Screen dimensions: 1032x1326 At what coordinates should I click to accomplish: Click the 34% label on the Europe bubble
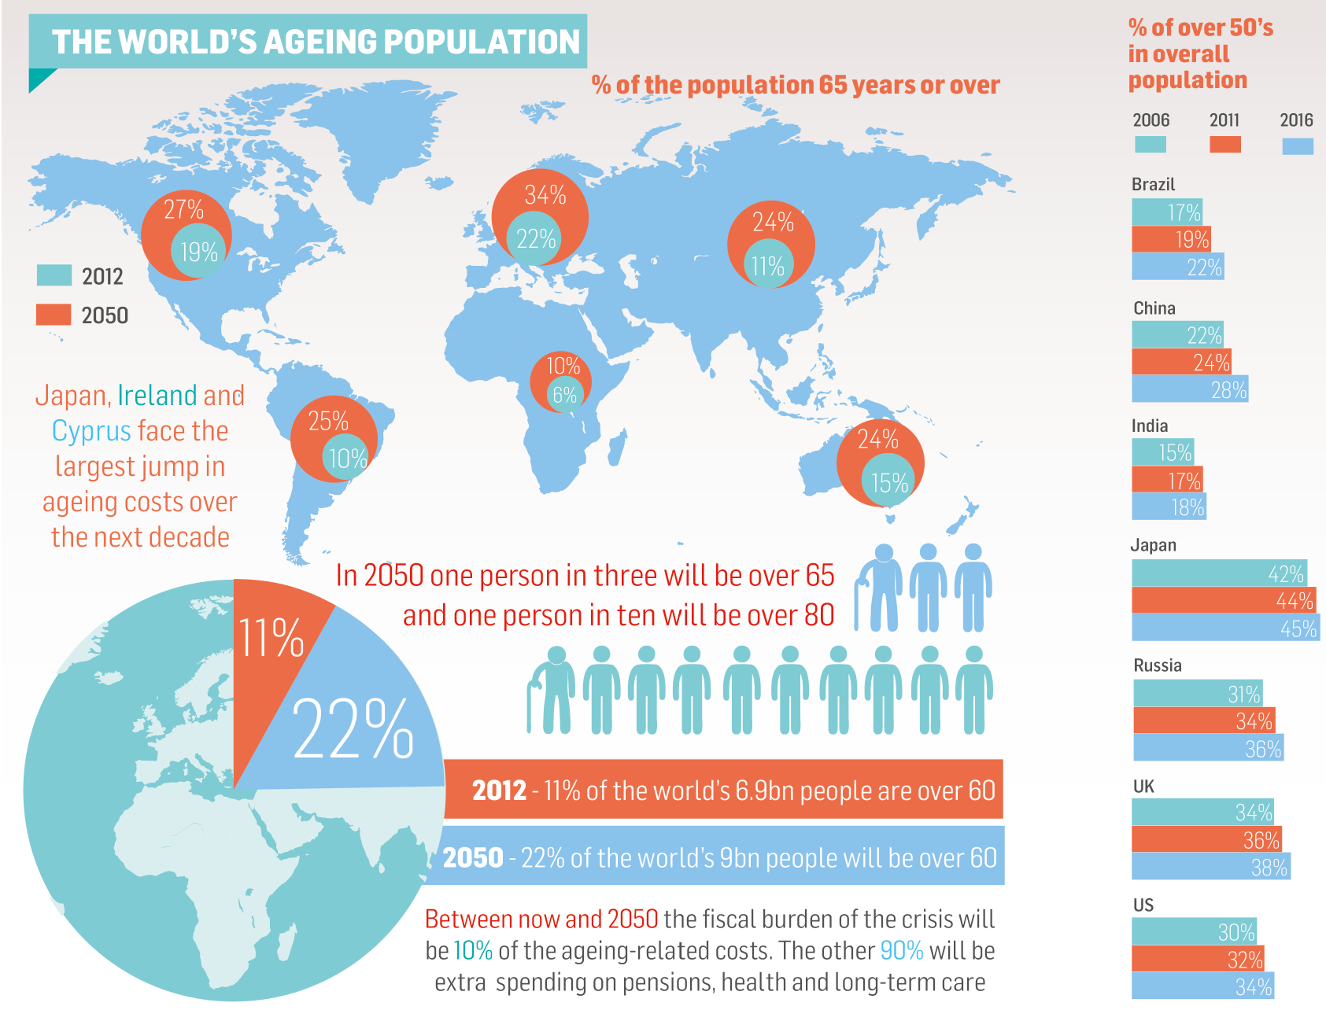[545, 194]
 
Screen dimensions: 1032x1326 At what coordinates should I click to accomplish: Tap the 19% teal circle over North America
[198, 252]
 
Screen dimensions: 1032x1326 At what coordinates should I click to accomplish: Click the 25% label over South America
[328, 422]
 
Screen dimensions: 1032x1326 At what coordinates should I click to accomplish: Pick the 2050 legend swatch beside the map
[54, 315]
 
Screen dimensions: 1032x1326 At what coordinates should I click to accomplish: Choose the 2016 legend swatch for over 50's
[1297, 146]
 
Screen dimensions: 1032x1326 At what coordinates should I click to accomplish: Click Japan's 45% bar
[1224, 628]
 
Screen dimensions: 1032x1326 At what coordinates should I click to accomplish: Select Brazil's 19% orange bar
[1171, 239]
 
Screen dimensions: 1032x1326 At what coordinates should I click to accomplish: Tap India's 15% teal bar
[1162, 452]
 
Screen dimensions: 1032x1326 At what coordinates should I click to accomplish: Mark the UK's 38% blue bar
[1210, 867]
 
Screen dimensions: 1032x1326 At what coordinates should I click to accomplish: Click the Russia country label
[1157, 665]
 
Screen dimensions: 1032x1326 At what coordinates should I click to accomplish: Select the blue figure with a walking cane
[881, 588]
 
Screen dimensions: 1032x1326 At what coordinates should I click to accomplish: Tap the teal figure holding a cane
[551, 691]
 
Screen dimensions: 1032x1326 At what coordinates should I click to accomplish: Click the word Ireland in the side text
[157, 395]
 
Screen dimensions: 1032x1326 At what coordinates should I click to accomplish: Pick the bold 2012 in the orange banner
[499, 790]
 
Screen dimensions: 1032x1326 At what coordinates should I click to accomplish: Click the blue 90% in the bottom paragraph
[901, 950]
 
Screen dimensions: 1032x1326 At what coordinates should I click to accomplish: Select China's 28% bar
[1190, 389]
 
